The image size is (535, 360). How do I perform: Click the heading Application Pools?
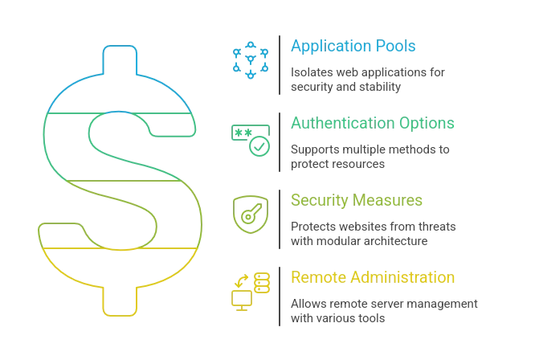click(353, 46)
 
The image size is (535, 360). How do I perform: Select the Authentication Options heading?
click(373, 123)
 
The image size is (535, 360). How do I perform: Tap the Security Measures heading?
click(357, 200)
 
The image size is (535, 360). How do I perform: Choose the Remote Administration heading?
click(373, 277)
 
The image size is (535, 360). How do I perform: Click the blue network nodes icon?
click(251, 60)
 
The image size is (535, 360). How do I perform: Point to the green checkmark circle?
click(259, 146)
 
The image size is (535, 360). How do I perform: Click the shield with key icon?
click(251, 215)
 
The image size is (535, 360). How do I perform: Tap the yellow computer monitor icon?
click(242, 301)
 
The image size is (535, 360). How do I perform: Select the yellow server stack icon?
click(262, 283)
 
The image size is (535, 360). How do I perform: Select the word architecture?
click(392, 241)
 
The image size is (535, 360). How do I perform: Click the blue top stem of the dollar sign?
click(120, 59)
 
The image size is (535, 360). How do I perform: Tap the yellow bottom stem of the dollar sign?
click(120, 301)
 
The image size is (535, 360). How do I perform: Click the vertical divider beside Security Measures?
click(280, 219)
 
